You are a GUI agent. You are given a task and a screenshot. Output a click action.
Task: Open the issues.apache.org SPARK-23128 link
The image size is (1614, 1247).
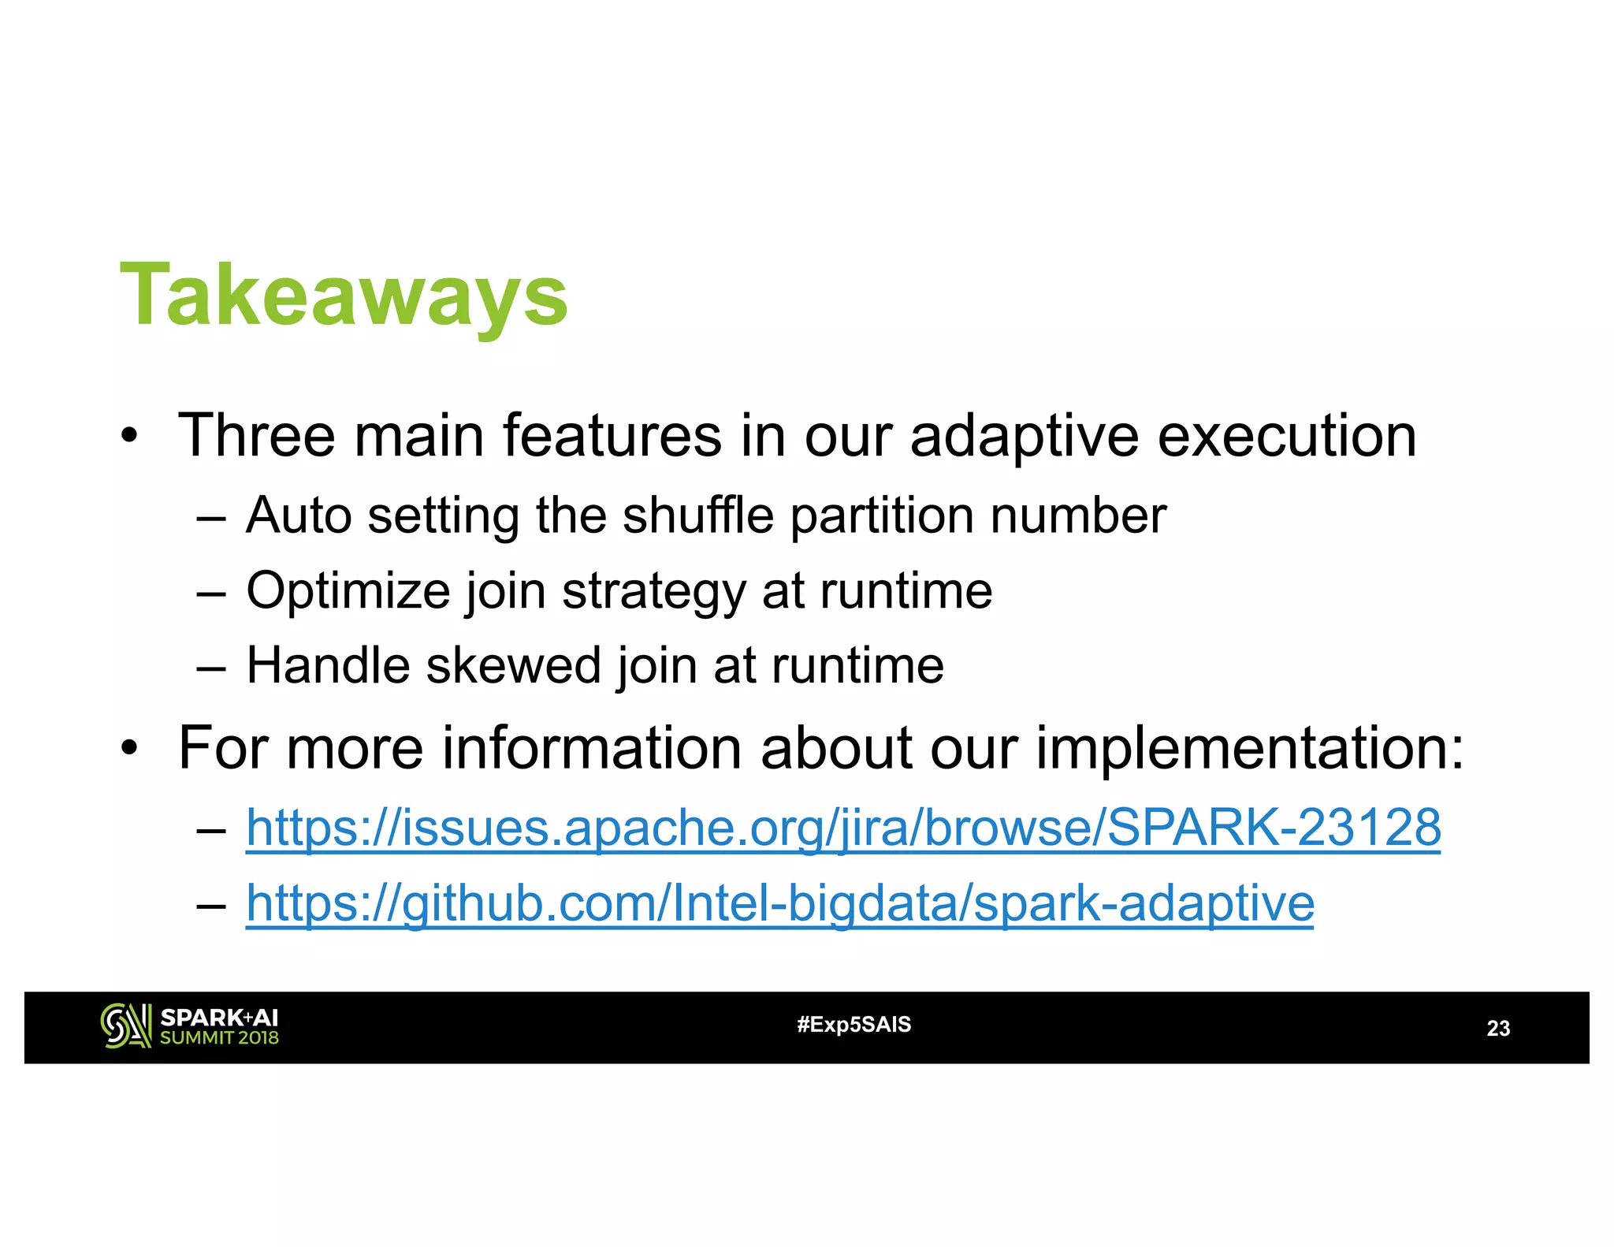pos(843,828)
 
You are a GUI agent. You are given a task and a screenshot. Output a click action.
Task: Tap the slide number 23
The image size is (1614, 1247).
pos(1497,1028)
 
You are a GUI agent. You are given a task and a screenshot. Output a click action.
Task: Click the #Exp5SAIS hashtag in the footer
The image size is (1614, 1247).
pos(853,1025)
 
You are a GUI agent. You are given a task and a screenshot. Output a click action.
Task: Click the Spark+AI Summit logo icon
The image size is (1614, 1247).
pos(125,1026)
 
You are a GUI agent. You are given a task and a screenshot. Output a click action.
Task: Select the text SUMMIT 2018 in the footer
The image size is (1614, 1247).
pos(219,1038)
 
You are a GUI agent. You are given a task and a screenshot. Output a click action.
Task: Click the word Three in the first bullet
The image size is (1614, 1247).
pos(257,435)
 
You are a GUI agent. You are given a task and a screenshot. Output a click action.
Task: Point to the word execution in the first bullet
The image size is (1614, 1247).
pos(1286,435)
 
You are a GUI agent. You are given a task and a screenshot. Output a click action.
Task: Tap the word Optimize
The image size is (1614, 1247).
pos(348,591)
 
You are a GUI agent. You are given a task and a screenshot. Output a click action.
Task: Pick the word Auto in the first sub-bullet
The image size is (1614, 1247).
pos(299,516)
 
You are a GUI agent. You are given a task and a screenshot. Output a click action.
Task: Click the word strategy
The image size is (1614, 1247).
pos(653,591)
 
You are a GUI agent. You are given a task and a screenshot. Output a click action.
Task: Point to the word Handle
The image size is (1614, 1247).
pos(328,665)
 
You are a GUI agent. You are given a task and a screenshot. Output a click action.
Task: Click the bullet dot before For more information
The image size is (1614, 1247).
pos(129,749)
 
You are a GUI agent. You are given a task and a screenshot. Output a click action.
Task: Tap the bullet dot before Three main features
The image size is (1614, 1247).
pos(129,437)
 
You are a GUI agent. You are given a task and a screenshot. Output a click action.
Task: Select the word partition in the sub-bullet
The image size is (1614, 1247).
pos(881,516)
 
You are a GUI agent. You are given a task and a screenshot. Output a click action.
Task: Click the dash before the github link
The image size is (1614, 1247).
pos(211,904)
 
